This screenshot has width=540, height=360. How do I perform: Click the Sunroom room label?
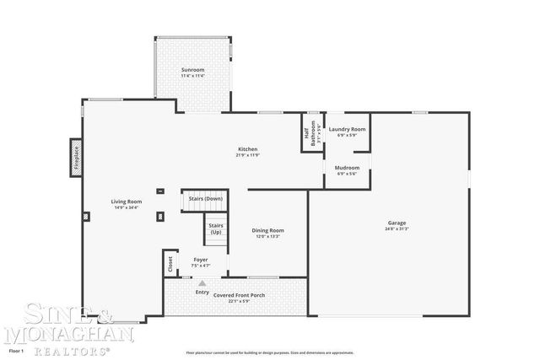[192, 69]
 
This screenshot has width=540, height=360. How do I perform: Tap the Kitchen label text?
[246, 149]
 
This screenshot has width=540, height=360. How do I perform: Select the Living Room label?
[127, 201]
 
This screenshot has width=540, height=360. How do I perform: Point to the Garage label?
[397, 223]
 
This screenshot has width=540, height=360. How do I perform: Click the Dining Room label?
[267, 230]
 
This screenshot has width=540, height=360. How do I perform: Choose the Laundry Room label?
[347, 129]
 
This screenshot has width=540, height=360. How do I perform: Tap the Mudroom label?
[347, 168]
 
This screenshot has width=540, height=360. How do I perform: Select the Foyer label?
[200, 260]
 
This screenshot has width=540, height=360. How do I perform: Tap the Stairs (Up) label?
[216, 228]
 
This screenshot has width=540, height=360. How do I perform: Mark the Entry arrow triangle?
[202, 284]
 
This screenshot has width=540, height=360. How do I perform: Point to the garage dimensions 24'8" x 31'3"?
[397, 228]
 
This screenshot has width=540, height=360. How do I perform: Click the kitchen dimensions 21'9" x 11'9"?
[246, 155]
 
